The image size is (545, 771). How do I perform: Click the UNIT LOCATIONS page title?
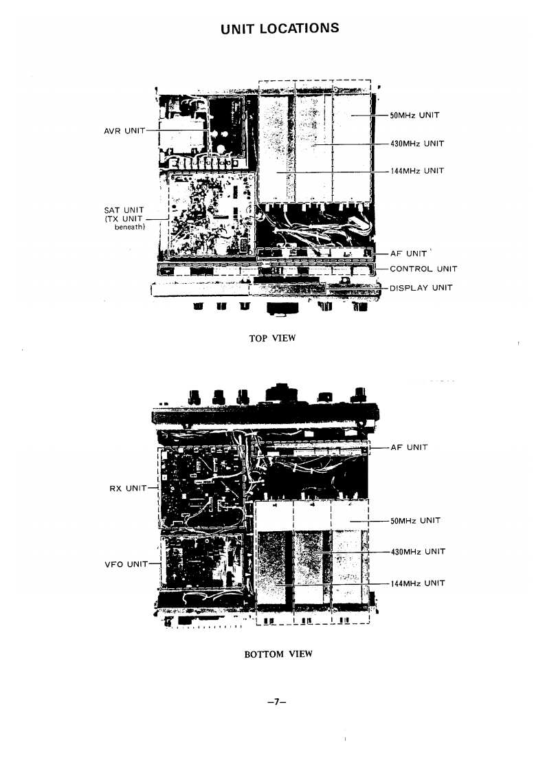point(279,28)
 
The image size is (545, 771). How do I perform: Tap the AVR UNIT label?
point(124,131)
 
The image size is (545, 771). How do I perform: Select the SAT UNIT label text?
point(124,210)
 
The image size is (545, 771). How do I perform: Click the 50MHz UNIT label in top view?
point(414,116)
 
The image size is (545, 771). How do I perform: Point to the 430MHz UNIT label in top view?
point(416,144)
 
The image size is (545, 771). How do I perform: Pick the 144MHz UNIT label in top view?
point(416,171)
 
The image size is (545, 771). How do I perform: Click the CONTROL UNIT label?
point(423,269)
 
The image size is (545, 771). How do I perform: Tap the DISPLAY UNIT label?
point(421,288)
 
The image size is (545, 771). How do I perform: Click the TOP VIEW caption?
point(272,337)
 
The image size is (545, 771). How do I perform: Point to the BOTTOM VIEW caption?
point(278,654)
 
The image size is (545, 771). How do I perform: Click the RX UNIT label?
point(129,488)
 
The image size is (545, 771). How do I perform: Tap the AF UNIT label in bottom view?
point(409,447)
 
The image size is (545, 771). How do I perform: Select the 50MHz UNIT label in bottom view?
point(415,521)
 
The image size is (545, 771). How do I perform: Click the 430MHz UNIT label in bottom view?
point(417,552)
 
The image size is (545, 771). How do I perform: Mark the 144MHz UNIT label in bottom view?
point(417,583)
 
